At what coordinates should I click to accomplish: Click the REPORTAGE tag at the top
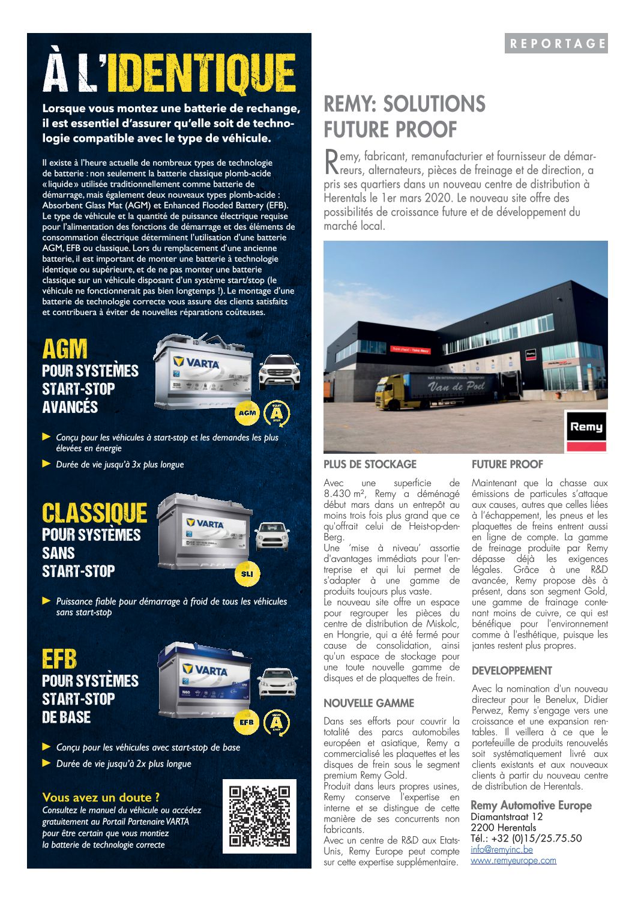click(x=556, y=43)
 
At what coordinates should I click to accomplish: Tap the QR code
click(x=259, y=816)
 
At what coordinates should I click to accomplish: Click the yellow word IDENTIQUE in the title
click(x=205, y=74)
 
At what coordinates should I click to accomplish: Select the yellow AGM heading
click(x=65, y=349)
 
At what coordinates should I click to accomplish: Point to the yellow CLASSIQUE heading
click(x=94, y=513)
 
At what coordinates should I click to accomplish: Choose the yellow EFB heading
click(x=59, y=659)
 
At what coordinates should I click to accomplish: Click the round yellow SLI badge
click(x=247, y=573)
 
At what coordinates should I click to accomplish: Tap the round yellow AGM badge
click(x=247, y=412)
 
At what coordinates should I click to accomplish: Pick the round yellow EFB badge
click(x=246, y=722)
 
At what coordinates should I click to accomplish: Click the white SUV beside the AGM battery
click(x=279, y=371)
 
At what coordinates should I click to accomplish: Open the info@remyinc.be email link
click(x=502, y=849)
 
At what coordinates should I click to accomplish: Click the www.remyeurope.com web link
click(x=513, y=860)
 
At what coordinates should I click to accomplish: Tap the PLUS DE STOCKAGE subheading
click(x=370, y=464)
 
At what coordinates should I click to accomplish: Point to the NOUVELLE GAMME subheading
click(x=369, y=703)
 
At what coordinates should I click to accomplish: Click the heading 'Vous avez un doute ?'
click(x=101, y=797)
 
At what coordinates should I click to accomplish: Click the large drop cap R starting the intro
click(x=331, y=161)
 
